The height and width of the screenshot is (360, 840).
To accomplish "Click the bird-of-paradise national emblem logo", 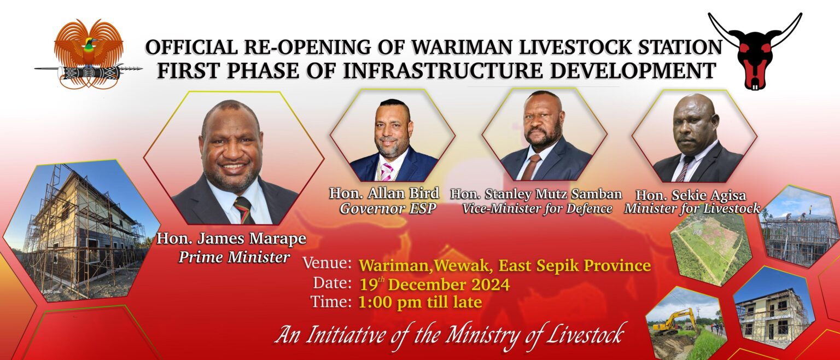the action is click(x=89, y=54).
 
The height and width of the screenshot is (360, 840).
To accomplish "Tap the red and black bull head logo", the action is click(x=755, y=52).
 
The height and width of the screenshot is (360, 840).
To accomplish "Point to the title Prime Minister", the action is click(x=235, y=257).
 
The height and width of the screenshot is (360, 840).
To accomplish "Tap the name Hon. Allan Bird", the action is click(x=384, y=194).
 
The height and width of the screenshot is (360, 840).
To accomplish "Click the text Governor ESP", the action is click(x=388, y=208).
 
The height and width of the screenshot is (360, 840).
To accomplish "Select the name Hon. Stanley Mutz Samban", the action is click(x=536, y=194).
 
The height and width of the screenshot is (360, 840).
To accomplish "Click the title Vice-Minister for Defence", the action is click(x=538, y=208).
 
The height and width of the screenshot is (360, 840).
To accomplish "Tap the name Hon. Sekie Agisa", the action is click(x=691, y=195).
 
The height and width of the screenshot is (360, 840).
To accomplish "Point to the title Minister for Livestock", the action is click(x=692, y=209).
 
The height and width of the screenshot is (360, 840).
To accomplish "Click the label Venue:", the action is click(x=327, y=263).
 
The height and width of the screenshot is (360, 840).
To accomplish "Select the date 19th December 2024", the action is click(x=435, y=284).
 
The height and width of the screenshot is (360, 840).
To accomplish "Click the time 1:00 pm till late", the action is click(x=421, y=302).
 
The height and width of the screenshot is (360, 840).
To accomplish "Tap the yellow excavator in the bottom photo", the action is click(x=674, y=321).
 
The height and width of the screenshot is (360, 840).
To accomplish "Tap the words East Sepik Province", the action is click(x=575, y=265).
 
